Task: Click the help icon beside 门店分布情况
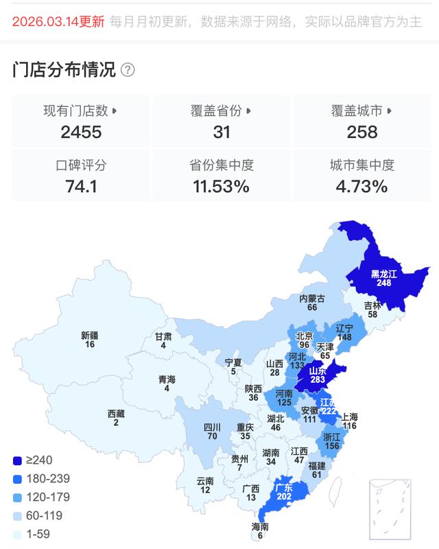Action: pyautogui.click(x=128, y=70)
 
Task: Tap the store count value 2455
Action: pyautogui.click(x=81, y=132)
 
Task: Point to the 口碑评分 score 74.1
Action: pyautogui.click(x=81, y=186)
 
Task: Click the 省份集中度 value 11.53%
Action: pyautogui.click(x=222, y=186)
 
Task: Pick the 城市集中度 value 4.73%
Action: pyautogui.click(x=362, y=186)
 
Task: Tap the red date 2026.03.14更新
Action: pyautogui.click(x=59, y=21)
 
